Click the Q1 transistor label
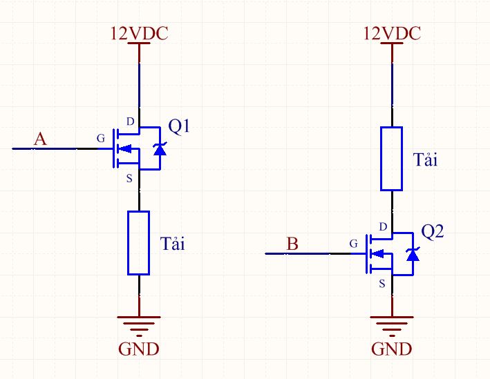[x=179, y=127]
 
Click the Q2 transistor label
[x=432, y=232]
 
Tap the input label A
[x=40, y=139]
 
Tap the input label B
[x=292, y=244]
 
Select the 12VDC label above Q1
[x=140, y=33]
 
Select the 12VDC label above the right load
[x=392, y=33]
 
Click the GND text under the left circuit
[x=139, y=349]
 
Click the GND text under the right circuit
[x=392, y=349]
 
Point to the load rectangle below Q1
[x=138, y=243]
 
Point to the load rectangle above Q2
[x=391, y=159]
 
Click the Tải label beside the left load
[x=173, y=243]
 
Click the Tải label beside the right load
[x=425, y=159]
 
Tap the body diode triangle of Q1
[x=160, y=150]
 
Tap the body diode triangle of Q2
[x=413, y=255]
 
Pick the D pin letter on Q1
[x=131, y=122]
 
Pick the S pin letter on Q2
[x=382, y=284]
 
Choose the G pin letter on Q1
[x=101, y=138]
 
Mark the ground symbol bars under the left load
[x=139, y=327]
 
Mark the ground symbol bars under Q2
[x=392, y=327]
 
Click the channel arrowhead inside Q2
[x=377, y=253]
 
